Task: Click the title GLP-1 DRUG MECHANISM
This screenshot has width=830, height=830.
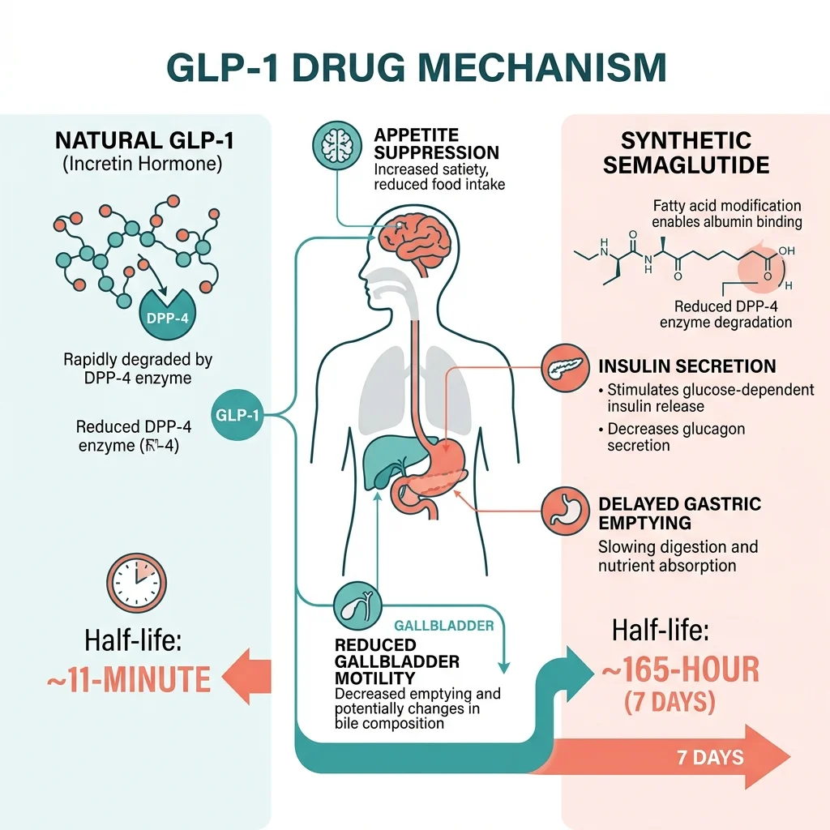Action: point(415,68)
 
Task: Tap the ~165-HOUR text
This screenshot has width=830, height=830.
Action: point(681,670)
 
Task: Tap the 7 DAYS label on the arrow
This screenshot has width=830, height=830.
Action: point(710,758)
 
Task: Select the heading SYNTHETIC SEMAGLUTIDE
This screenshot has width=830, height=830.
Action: point(687,152)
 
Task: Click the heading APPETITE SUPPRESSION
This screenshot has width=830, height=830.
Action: point(436,143)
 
